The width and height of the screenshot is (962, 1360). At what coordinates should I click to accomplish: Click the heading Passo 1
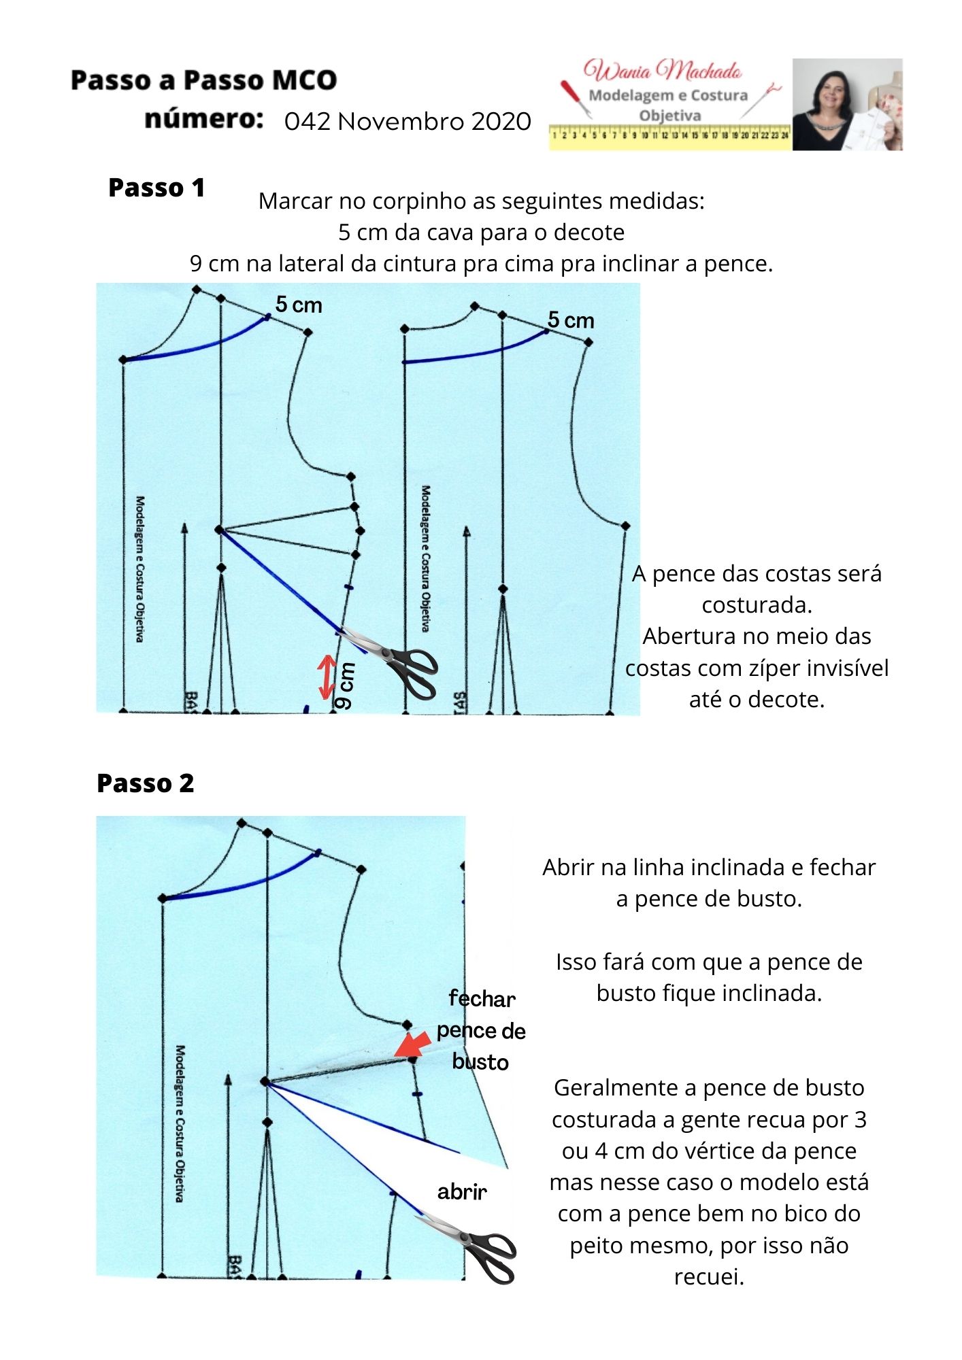(x=156, y=188)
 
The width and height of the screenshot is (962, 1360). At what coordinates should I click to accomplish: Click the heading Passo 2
(x=145, y=783)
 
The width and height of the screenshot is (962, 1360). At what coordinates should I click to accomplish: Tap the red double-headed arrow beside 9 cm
(x=328, y=677)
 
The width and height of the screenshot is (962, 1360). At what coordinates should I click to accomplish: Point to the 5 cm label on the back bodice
(x=571, y=320)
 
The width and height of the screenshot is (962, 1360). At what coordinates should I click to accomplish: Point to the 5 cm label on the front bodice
(x=299, y=305)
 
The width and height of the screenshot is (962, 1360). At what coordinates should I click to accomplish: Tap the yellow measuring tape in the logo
(x=669, y=135)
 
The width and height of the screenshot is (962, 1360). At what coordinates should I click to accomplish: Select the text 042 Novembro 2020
(x=408, y=122)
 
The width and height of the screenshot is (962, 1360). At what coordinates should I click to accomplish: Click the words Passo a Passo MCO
(x=203, y=80)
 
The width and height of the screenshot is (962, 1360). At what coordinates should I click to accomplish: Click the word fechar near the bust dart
(x=482, y=999)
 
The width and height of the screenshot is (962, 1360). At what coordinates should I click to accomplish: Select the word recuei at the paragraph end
(x=708, y=1276)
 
